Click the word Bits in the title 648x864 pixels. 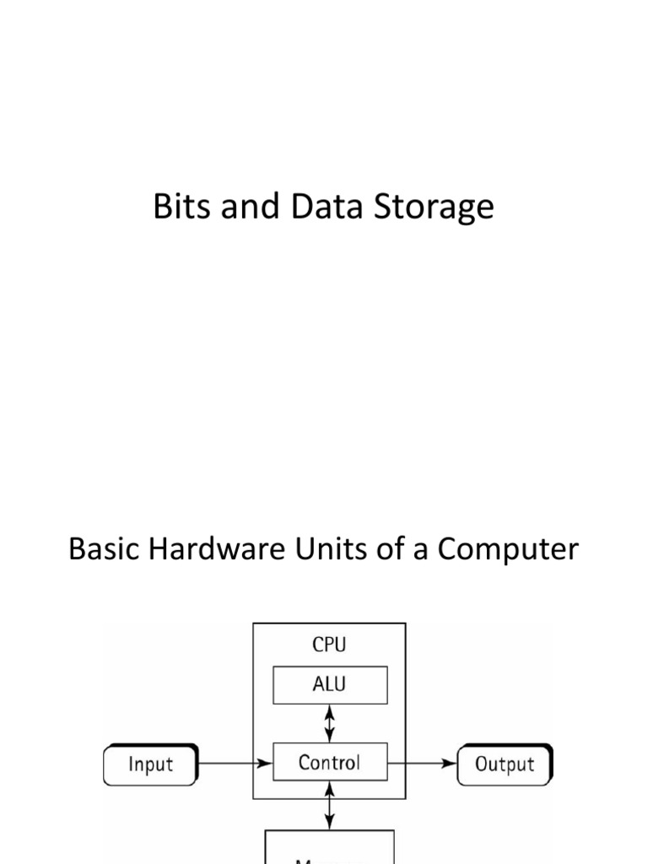click(x=180, y=207)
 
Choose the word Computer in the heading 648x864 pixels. click(x=508, y=551)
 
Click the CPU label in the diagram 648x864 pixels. click(x=329, y=645)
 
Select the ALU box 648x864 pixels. click(x=330, y=684)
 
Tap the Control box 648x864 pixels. click(x=330, y=763)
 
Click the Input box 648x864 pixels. click(x=150, y=764)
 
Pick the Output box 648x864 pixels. click(x=505, y=764)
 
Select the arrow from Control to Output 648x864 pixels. click(x=422, y=764)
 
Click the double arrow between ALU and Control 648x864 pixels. click(x=330, y=723)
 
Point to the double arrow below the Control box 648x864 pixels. click(x=330, y=806)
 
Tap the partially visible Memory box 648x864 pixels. click(x=330, y=848)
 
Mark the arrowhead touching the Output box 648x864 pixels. click(x=451, y=764)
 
